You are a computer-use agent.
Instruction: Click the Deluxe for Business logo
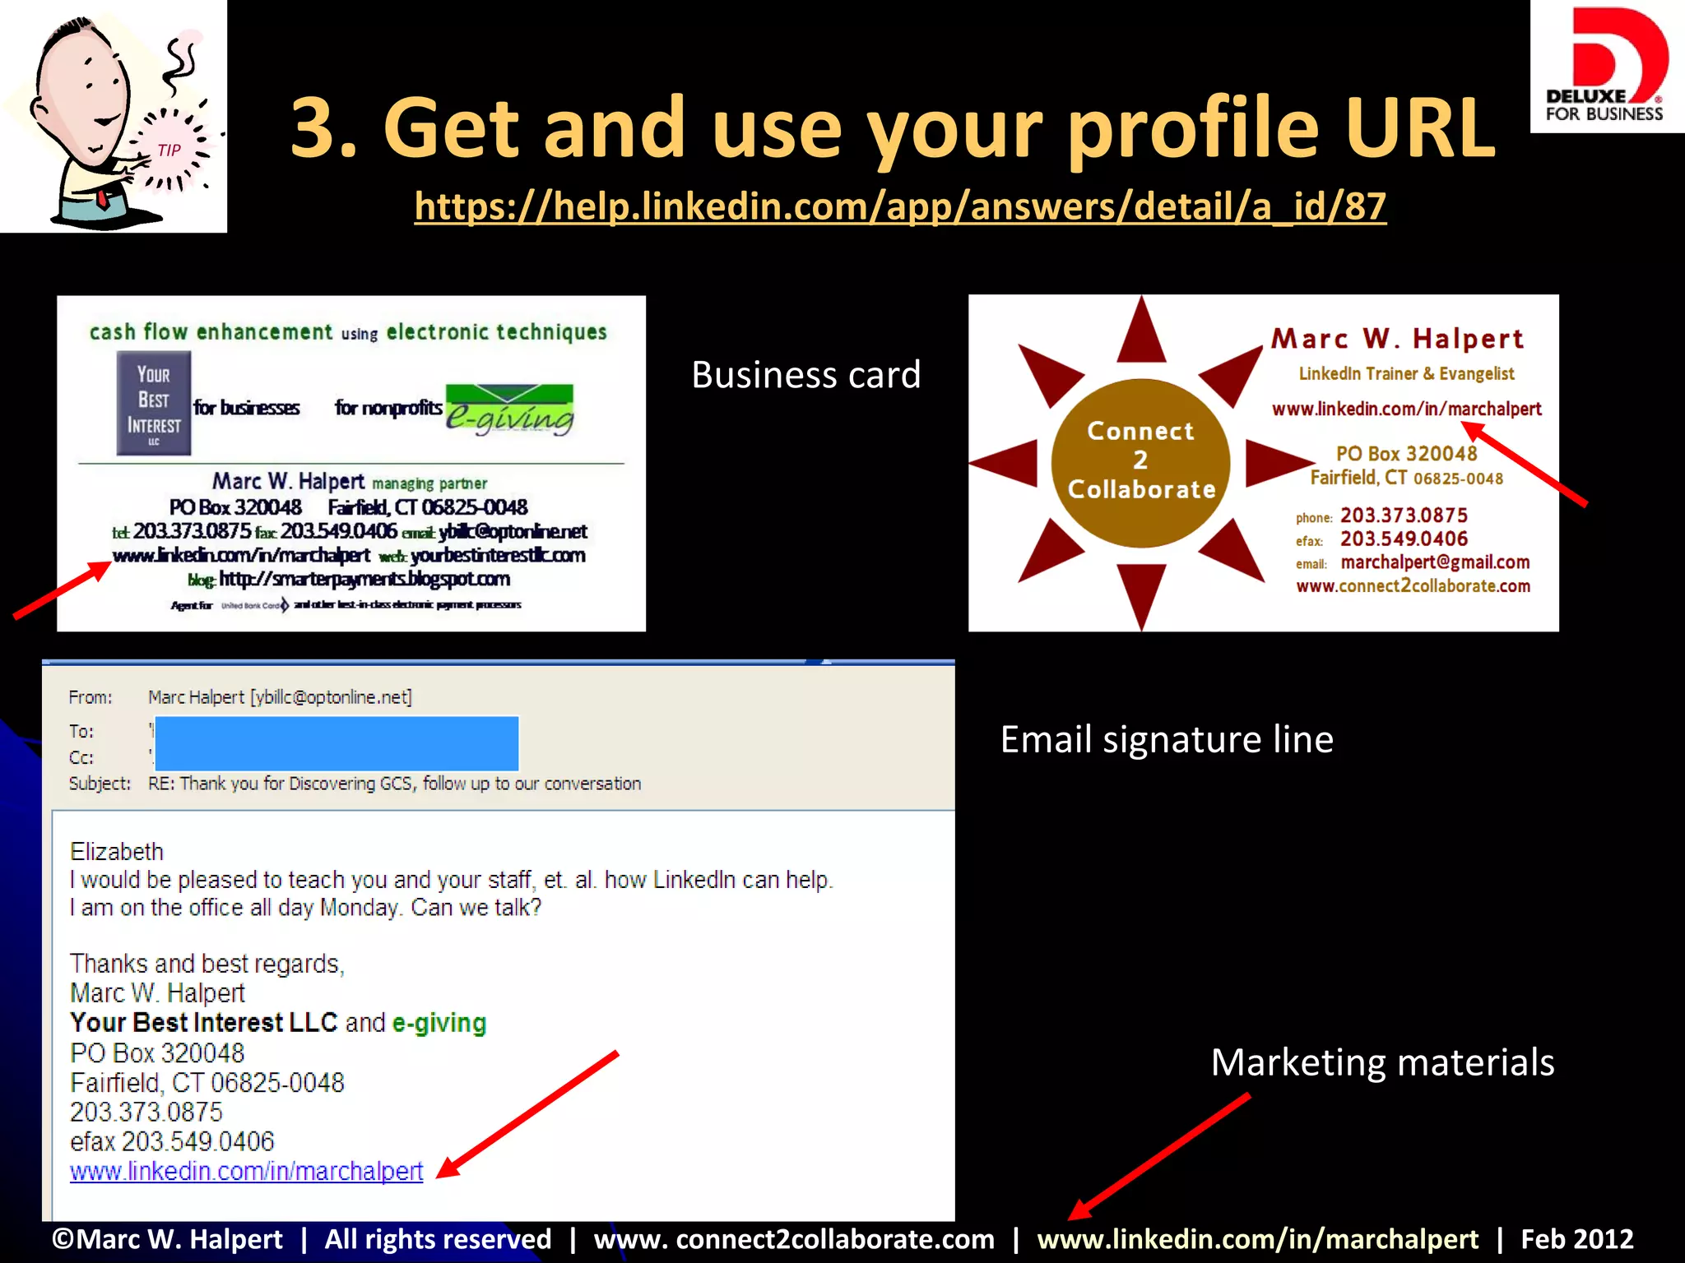pos(1606,66)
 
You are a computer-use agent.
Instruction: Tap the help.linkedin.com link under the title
pos(900,206)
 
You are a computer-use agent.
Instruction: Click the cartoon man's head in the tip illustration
pos(82,90)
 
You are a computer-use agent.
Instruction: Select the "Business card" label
pos(805,375)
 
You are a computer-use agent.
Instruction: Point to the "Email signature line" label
pos(1166,739)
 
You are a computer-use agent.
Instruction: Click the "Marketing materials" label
pos(1382,1062)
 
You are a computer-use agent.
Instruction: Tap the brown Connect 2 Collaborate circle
pos(1140,462)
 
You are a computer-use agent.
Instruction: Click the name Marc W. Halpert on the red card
pos(1397,339)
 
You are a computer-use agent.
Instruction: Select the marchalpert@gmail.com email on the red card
pos(1435,562)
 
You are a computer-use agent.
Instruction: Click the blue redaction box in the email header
pos(337,743)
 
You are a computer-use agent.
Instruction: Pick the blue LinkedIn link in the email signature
pos(246,1171)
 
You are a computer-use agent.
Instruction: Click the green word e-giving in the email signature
pos(439,1023)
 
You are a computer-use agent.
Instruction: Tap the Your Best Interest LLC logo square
pos(154,403)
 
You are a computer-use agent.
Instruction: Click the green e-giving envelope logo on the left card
pos(510,409)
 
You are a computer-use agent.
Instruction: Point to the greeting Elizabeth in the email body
pos(117,851)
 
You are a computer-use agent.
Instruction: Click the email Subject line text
pos(394,784)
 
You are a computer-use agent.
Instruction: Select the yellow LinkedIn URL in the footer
pos(1257,1239)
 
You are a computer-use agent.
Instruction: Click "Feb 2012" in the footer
pos(1576,1239)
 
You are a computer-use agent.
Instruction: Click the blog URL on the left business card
pos(364,580)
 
